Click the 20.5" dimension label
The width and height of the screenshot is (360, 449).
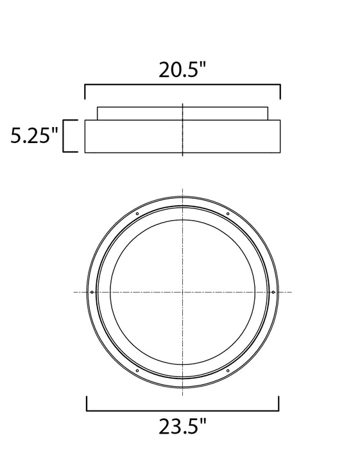pyautogui.click(x=182, y=69)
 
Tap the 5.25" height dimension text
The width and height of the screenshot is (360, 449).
pyautogui.click(x=35, y=135)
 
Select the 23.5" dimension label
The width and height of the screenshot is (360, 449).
pyautogui.click(x=182, y=427)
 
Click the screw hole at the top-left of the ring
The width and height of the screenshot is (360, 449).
pyautogui.click(x=137, y=214)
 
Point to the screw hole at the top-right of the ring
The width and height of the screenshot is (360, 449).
pyautogui.click(x=228, y=214)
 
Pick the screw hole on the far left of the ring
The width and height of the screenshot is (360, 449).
pyautogui.click(x=92, y=292)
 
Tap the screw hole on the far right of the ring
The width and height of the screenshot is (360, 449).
pyautogui.click(x=273, y=292)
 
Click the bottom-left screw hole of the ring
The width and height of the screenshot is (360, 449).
pyautogui.click(x=137, y=371)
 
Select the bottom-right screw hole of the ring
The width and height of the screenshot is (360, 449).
pyautogui.click(x=228, y=371)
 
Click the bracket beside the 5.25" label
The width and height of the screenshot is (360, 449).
pyautogui.click(x=64, y=136)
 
